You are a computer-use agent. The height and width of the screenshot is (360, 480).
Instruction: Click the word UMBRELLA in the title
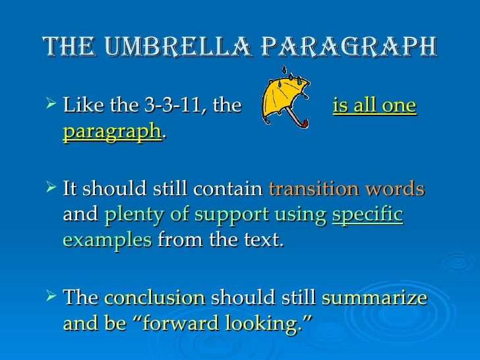click(167, 47)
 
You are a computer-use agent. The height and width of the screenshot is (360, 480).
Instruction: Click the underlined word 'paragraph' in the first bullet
click(112, 133)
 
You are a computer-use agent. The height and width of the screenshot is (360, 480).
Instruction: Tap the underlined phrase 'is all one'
click(375, 106)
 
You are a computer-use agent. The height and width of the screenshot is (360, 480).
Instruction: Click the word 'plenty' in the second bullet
click(129, 215)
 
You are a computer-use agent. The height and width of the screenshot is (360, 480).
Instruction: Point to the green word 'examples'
click(105, 241)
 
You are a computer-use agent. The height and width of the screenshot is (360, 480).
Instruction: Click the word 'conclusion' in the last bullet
click(154, 298)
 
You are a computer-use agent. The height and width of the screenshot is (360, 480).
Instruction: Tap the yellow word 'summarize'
click(375, 298)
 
